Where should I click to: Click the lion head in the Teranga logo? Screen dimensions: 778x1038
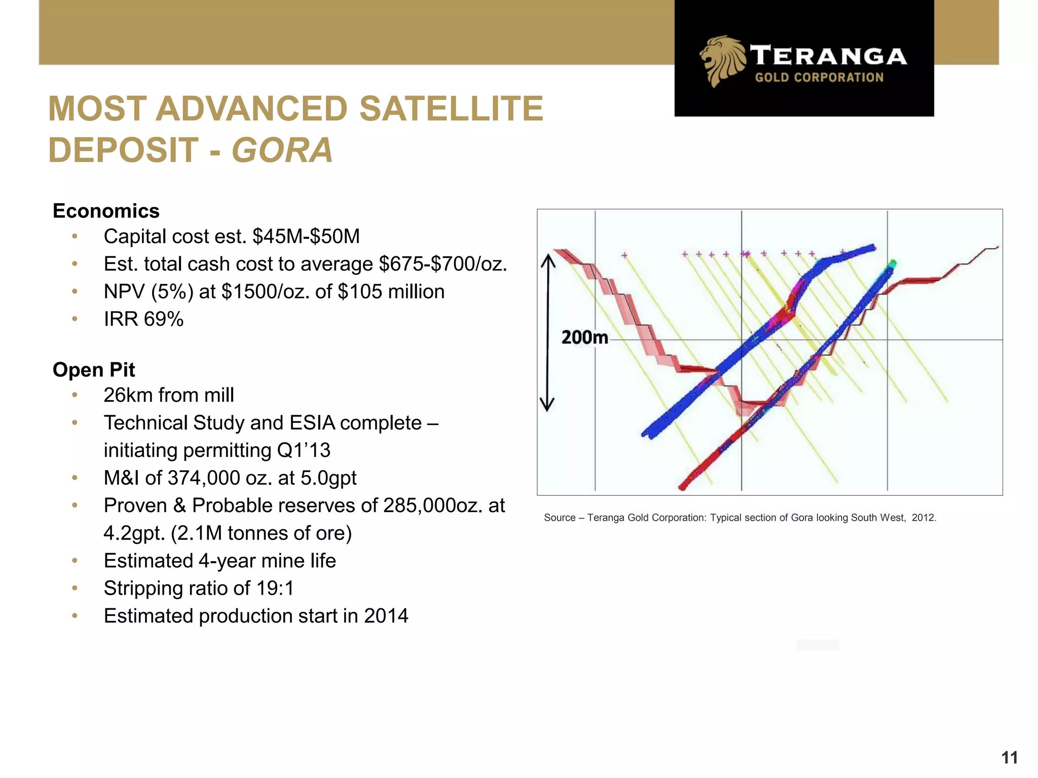[721, 60]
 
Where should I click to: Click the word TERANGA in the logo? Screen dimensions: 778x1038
[829, 56]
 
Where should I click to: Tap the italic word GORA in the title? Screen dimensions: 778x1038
[282, 150]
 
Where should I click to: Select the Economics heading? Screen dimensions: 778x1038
[106, 211]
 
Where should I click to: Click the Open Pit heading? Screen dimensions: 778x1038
[94, 370]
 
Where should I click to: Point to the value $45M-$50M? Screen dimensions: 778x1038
[306, 237]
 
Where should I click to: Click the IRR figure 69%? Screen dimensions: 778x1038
[163, 319]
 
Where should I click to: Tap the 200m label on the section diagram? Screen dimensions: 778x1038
[584, 337]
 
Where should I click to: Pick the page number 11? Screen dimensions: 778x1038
[1009, 758]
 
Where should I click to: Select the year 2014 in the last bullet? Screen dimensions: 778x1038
[386, 616]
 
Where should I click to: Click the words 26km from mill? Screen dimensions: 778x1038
[169, 395]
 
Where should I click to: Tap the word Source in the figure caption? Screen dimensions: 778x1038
[560, 518]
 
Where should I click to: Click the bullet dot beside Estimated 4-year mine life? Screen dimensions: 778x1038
[75, 561]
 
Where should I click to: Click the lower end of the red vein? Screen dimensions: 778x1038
[683, 487]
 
